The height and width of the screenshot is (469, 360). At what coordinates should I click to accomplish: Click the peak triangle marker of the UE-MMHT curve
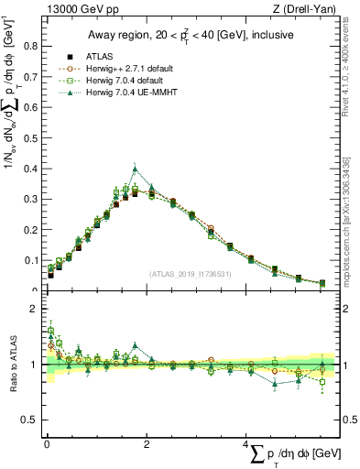[135, 169]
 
